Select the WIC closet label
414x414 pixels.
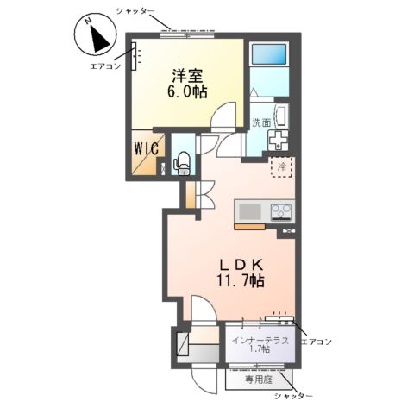145,148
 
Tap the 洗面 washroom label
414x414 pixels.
261,122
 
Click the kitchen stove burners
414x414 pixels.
282,210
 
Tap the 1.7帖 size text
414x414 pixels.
260,349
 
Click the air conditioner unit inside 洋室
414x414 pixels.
135,60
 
